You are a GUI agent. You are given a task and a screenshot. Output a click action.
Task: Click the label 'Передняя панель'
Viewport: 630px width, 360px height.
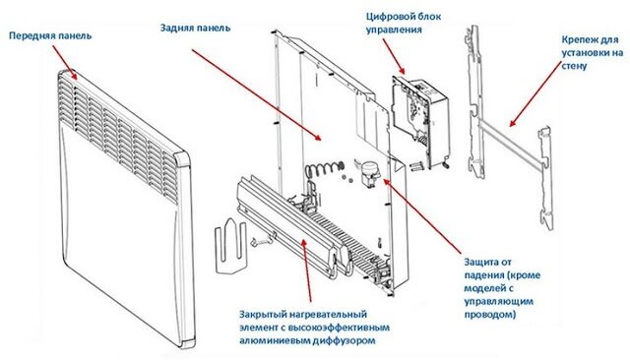click(x=50, y=35)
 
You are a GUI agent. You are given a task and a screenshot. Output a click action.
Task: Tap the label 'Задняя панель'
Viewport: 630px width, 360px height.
click(x=195, y=28)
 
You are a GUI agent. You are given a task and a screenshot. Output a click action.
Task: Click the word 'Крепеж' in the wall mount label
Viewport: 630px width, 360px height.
click(x=581, y=40)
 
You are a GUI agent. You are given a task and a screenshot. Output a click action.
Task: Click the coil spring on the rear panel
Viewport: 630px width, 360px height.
click(x=324, y=168)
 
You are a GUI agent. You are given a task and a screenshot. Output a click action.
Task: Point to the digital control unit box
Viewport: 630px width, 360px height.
click(x=417, y=121)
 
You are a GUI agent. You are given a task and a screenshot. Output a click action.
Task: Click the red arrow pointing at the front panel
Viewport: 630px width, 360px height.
click(x=65, y=62)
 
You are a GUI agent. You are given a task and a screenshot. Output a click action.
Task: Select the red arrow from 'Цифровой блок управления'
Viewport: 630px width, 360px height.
click(x=394, y=57)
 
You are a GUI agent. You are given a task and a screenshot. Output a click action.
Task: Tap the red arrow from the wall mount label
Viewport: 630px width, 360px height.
click(x=535, y=93)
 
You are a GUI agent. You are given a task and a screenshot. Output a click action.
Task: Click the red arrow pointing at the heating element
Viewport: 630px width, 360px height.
click(x=306, y=270)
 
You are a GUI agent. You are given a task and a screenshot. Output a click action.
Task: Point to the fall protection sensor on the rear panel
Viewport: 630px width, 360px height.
click(x=366, y=172)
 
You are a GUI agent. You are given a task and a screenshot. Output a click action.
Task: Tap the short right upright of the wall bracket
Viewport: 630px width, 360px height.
click(x=546, y=179)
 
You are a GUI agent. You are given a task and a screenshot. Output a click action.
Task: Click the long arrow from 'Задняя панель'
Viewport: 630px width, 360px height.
click(x=256, y=95)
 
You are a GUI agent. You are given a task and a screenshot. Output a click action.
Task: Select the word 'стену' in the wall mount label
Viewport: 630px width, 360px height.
click(x=574, y=66)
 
